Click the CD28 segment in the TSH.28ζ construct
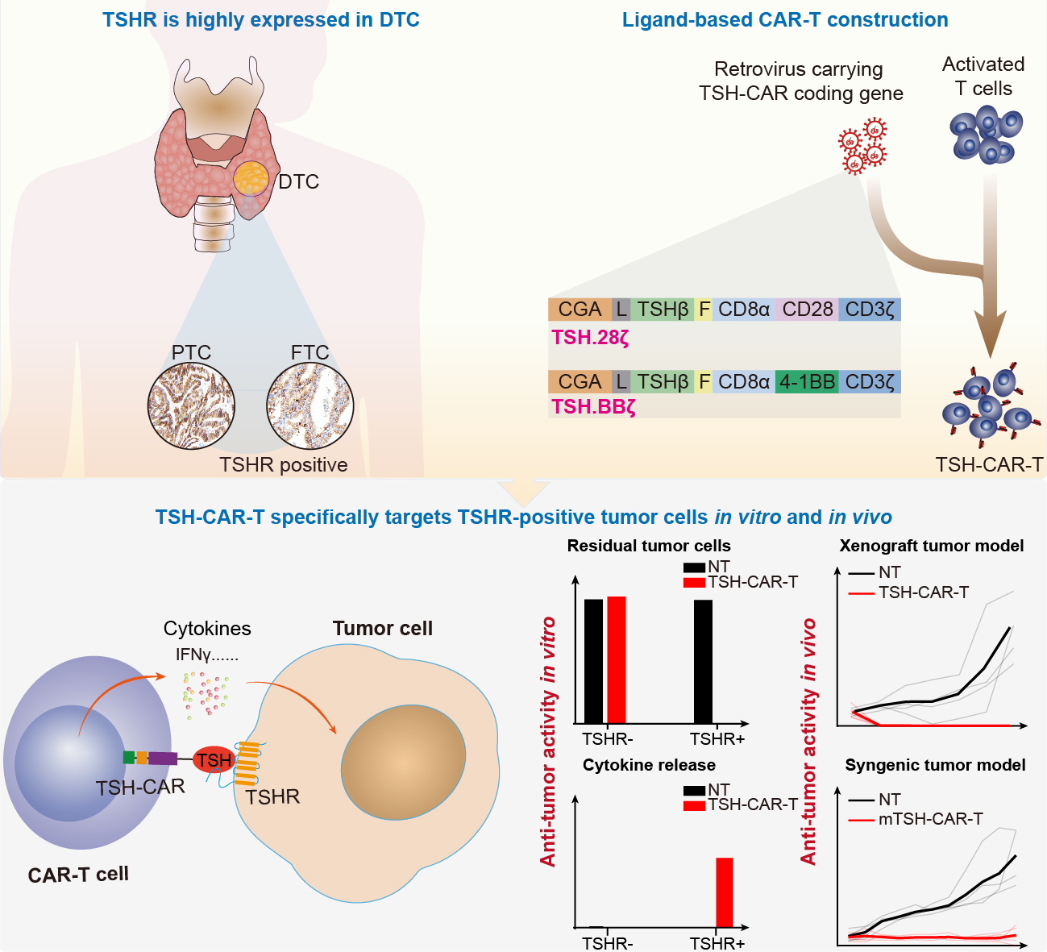coord(808,310)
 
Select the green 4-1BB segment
coord(807,382)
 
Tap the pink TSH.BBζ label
coord(593,407)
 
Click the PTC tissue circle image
coord(191,405)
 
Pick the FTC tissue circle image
coord(310,405)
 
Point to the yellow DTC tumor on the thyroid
coord(251,177)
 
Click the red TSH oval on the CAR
coord(214,760)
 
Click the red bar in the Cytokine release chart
coord(725,892)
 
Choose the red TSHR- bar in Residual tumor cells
coord(617,659)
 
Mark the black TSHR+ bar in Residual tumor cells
coord(703,661)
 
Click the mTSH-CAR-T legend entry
coord(929,819)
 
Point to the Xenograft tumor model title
coord(931,546)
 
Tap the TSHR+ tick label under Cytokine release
coord(717,943)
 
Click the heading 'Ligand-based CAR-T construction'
coord(785,20)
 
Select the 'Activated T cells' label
coord(983,76)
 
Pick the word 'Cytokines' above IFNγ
coord(207,629)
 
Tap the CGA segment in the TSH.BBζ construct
coord(580,382)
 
